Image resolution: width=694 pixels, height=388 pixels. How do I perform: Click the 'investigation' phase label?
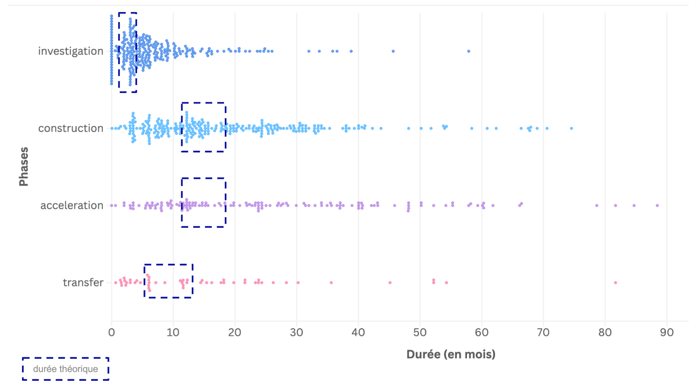(x=71, y=51)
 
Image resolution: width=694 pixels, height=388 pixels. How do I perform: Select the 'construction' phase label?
(x=71, y=128)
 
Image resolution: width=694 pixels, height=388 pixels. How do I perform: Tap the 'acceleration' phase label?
(x=72, y=205)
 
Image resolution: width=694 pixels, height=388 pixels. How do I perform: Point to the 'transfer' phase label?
(x=83, y=282)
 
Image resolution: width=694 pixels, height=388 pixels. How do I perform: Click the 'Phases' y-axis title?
(x=24, y=166)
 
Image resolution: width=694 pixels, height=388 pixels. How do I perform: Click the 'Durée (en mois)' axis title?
(x=451, y=354)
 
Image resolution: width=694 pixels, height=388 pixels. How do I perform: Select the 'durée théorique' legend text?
(x=65, y=369)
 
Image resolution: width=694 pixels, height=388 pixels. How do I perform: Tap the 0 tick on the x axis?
(x=111, y=333)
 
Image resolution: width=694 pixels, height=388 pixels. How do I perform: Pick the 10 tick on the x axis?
(x=173, y=333)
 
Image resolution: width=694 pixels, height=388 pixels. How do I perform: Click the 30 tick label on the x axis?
(x=296, y=333)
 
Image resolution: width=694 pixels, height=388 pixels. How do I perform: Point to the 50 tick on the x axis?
(x=420, y=333)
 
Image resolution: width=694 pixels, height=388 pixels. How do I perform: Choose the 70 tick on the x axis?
(x=543, y=333)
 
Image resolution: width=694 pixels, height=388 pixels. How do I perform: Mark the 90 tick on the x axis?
(x=666, y=333)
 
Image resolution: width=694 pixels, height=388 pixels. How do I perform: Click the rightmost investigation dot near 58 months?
(x=468, y=51)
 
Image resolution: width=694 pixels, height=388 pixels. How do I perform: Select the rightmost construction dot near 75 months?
(x=571, y=128)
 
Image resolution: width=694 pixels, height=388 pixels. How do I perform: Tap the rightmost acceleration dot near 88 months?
(x=657, y=205)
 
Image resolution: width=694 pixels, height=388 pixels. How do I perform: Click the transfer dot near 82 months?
(x=615, y=282)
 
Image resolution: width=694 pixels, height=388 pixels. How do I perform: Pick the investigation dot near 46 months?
(x=393, y=51)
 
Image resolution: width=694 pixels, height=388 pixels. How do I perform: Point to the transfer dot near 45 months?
(x=390, y=282)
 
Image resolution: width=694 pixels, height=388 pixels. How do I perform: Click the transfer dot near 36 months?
(x=331, y=282)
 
